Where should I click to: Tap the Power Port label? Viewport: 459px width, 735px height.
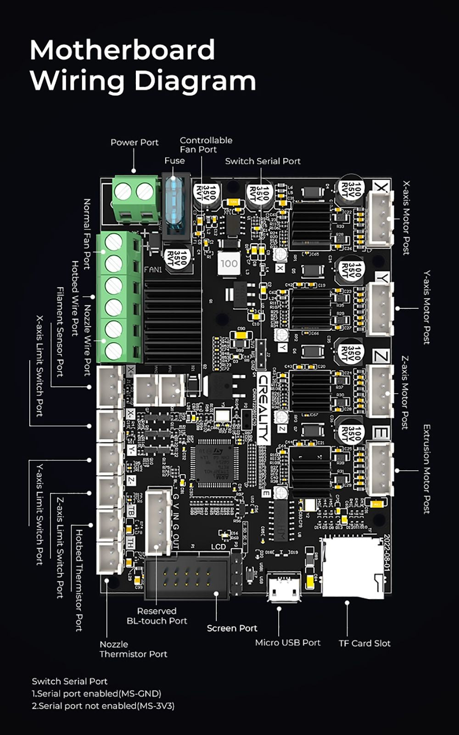tap(134, 142)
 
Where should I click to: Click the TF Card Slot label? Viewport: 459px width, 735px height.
tap(364, 643)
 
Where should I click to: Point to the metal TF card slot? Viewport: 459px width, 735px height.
tap(352, 568)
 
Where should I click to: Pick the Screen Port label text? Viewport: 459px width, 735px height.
tap(232, 628)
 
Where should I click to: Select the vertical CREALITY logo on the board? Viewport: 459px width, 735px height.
tap(263, 409)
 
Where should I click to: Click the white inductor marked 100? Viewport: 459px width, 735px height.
tap(229, 264)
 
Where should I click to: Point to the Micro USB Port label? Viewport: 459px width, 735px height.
tap(288, 642)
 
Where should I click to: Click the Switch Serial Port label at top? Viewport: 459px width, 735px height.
tap(263, 161)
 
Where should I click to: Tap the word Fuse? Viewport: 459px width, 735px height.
tap(174, 161)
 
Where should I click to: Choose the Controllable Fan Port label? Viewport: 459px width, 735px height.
tap(206, 145)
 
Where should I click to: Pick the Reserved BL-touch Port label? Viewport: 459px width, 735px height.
tap(157, 616)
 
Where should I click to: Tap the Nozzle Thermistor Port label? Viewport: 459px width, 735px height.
tap(133, 649)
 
